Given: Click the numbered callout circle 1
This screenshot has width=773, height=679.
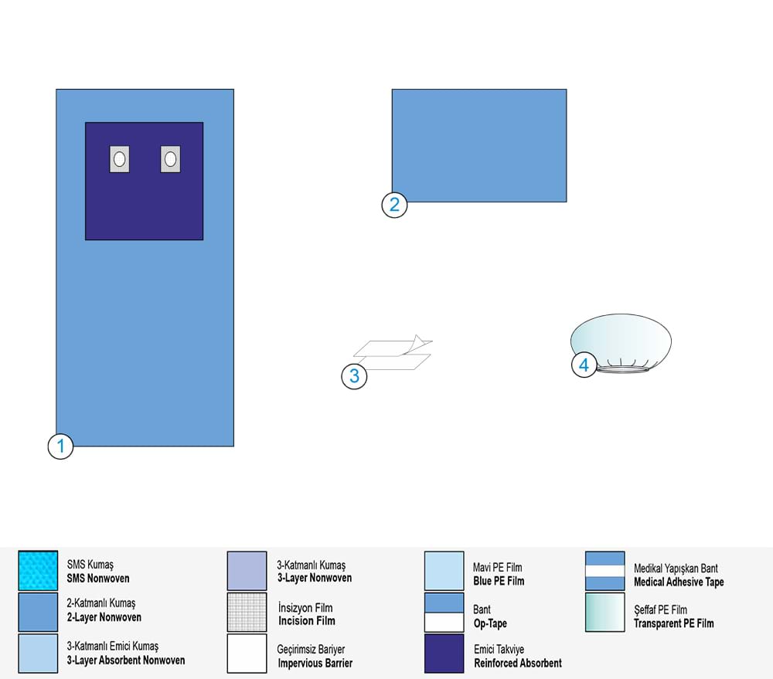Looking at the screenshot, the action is click(x=60, y=446).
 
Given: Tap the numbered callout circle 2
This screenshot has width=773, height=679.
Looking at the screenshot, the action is click(x=394, y=205).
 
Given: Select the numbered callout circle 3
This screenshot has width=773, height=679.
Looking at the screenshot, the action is click(x=354, y=376).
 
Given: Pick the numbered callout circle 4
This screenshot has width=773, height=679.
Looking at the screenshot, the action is click(x=584, y=365).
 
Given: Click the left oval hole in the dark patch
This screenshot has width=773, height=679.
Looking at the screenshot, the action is click(x=119, y=159).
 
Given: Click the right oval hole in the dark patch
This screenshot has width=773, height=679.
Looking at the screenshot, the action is click(x=171, y=159).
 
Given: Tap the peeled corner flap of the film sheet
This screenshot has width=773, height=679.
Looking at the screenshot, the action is click(x=421, y=341).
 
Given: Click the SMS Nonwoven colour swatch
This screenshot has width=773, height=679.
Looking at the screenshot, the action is click(x=38, y=571).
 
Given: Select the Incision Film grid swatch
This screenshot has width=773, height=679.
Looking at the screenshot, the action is click(x=247, y=612).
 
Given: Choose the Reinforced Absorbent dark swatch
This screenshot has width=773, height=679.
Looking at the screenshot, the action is click(x=444, y=654).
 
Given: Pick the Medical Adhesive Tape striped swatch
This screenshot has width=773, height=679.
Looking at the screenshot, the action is click(x=605, y=571).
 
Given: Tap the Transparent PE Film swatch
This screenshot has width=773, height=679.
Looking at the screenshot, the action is click(x=605, y=612).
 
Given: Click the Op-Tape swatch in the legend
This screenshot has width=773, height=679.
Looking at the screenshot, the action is click(x=444, y=612).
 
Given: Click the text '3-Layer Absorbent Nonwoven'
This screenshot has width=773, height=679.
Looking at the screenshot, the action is click(x=126, y=660).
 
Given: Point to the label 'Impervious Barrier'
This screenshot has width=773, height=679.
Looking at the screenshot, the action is click(x=315, y=664).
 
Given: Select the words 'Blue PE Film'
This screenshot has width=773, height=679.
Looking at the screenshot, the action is click(x=499, y=581).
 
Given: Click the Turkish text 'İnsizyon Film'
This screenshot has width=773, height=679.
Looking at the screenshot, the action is click(x=305, y=608).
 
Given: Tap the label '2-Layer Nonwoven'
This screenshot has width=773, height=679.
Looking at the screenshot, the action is click(x=104, y=617).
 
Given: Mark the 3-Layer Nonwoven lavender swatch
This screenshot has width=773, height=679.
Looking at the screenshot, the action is click(x=247, y=571).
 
